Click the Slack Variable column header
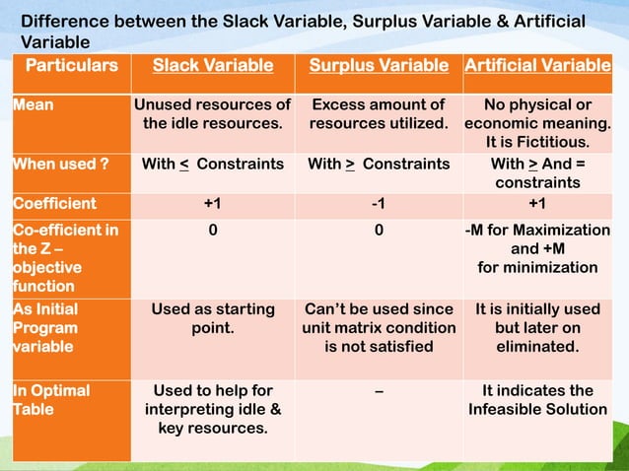(x=212, y=66)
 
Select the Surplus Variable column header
(x=379, y=66)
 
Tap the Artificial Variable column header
(x=537, y=66)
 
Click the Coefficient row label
(x=54, y=204)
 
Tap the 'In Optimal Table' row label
(x=50, y=399)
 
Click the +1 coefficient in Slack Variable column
(x=213, y=204)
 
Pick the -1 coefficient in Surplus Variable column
(x=379, y=204)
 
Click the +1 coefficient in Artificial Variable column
(x=537, y=204)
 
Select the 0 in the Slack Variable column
(x=213, y=230)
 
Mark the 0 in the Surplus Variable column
(x=379, y=230)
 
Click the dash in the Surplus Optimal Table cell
(x=379, y=390)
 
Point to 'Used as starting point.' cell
(x=213, y=318)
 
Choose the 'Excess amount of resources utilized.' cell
(x=379, y=114)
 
